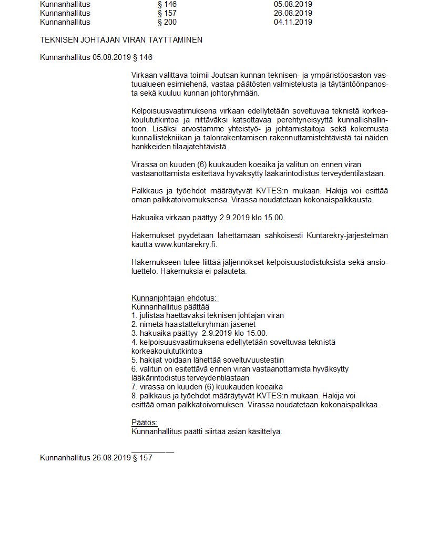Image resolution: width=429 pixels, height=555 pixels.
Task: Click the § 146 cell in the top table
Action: pyautogui.click(x=167, y=4)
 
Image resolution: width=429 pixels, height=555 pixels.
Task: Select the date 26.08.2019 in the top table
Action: pyautogui.click(x=293, y=13)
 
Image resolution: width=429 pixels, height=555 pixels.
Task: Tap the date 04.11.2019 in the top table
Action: pyautogui.click(x=293, y=22)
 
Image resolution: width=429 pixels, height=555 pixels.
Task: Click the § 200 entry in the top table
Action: pyautogui.click(x=167, y=22)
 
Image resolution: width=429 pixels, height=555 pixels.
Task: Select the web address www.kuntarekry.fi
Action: pyautogui.click(x=186, y=244)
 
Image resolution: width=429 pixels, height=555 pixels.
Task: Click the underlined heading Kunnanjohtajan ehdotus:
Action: pyautogui.click(x=174, y=299)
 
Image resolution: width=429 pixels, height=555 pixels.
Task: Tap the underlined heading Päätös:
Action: pyautogui.click(x=144, y=423)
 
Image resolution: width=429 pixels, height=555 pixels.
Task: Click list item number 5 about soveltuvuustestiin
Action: pyautogui.click(x=208, y=360)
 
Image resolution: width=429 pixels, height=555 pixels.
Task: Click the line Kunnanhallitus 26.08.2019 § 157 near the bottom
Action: pyautogui.click(x=96, y=458)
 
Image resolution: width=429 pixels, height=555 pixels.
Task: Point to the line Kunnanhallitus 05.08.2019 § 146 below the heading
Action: pyautogui.click(x=96, y=57)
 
